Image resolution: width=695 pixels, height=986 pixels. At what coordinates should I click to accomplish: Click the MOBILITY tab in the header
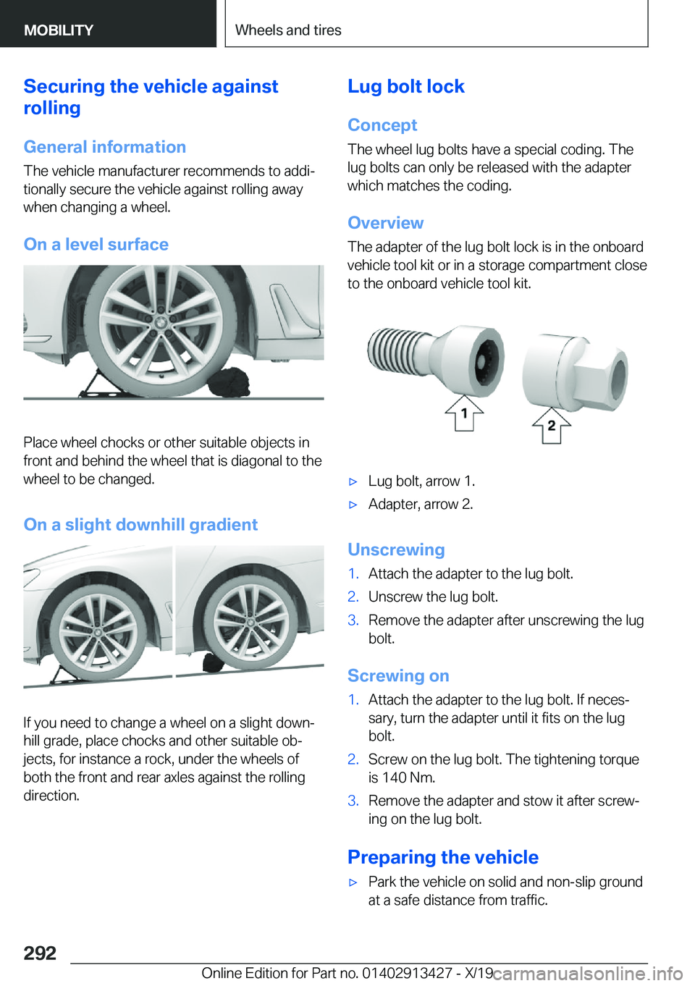point(59,30)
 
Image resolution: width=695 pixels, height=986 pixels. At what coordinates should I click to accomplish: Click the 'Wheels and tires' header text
point(288,30)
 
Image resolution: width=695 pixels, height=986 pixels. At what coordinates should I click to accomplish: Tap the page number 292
point(40,953)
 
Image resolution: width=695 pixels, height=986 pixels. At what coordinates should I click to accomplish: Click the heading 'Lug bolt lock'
point(406,86)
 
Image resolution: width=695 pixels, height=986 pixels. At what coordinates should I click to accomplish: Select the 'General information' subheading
point(105,146)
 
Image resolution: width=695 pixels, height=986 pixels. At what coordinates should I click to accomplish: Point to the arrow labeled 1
point(464,413)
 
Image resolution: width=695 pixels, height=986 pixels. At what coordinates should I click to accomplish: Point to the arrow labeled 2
point(551,425)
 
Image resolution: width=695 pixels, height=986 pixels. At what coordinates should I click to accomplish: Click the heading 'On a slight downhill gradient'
point(140,525)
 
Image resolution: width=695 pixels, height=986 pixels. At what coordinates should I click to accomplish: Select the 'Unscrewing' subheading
point(396,549)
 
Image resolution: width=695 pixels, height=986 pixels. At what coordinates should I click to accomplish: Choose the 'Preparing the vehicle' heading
point(443,857)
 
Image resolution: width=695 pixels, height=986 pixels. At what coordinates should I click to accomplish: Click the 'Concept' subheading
point(382,125)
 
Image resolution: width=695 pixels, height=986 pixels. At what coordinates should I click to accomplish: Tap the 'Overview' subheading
point(386,223)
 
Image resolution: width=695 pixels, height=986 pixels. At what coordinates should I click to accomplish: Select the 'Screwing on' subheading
point(398,675)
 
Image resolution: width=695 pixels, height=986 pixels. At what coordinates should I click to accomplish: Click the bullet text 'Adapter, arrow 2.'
point(421,504)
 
